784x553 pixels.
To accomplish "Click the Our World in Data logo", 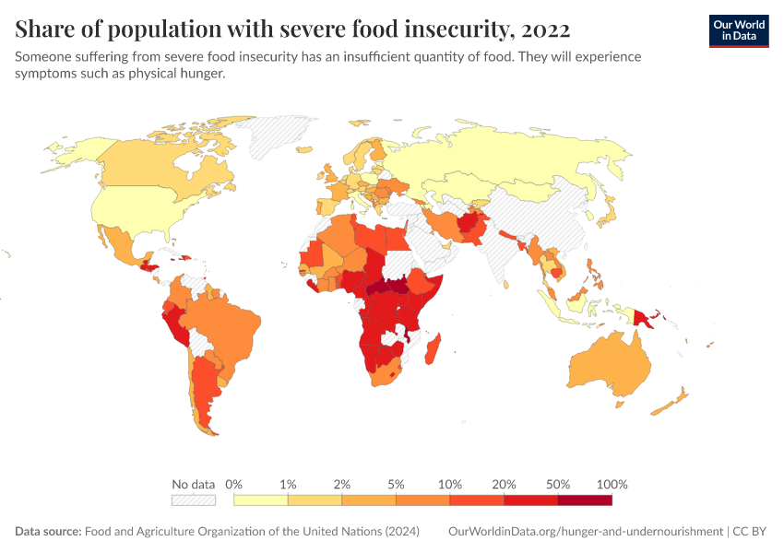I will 738,30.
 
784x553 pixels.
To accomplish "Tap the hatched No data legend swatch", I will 193,500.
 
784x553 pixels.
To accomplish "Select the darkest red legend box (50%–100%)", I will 585,500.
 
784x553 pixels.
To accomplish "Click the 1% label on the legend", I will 288,484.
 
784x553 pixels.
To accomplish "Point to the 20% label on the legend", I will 504,484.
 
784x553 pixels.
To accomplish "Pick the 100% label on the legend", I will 612,484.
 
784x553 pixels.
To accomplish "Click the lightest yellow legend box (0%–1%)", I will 261,500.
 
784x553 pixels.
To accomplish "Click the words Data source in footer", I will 47,532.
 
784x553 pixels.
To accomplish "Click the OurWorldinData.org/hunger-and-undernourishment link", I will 585,532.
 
